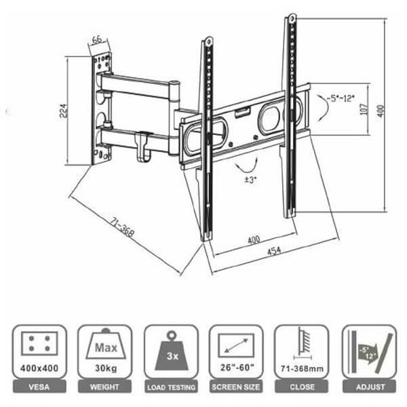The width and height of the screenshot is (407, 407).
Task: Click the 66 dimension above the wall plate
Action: pyautogui.click(x=97, y=40)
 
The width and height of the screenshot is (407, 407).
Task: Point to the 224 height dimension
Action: pyautogui.click(x=64, y=111)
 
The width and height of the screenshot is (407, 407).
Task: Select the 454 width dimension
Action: pyautogui.click(x=274, y=251)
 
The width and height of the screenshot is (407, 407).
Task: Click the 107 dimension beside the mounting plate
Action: pyautogui.click(x=364, y=109)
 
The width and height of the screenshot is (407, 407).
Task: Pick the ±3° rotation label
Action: pyautogui.click(x=251, y=180)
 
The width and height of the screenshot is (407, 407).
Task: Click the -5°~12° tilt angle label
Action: pyautogui.click(x=341, y=98)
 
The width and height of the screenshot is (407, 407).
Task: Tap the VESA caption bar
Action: pyautogui.click(x=39, y=387)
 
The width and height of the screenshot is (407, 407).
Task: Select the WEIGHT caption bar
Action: pyautogui.click(x=104, y=387)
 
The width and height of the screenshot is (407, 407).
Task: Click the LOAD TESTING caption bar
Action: pyautogui.click(x=171, y=387)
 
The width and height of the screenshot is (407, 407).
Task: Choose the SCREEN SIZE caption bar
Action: pyautogui.click(x=236, y=387)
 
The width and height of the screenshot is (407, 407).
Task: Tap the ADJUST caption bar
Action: pyautogui.click(x=370, y=387)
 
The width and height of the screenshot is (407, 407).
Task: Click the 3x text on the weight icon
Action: pyautogui.click(x=172, y=356)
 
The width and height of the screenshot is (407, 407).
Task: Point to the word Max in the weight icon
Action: pyautogui.click(x=106, y=347)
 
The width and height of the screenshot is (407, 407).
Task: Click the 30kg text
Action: pyautogui.click(x=106, y=368)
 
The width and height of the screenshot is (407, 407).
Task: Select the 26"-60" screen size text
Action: pyautogui.click(x=237, y=367)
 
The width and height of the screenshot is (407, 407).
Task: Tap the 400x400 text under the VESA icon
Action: pyautogui.click(x=39, y=368)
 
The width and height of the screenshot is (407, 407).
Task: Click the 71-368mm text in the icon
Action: pyautogui.click(x=302, y=368)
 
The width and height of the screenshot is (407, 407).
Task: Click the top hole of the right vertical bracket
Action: pyautogui.click(x=292, y=18)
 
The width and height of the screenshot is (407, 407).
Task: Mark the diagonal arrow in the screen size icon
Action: pyautogui.click(x=236, y=345)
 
